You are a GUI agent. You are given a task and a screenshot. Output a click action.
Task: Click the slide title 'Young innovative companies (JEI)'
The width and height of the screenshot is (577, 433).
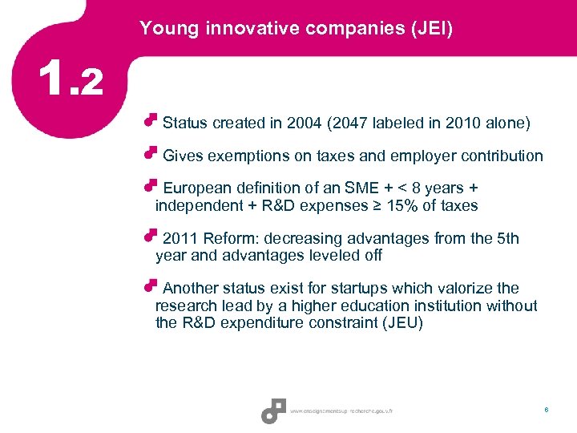[296, 29]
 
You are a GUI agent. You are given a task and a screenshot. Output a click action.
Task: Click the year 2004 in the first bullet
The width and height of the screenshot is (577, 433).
[309, 123]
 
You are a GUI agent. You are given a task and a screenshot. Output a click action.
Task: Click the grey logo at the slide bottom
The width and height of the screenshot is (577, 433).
[273, 411]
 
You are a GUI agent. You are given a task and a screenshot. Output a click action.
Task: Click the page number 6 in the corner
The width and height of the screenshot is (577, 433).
[546, 410]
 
